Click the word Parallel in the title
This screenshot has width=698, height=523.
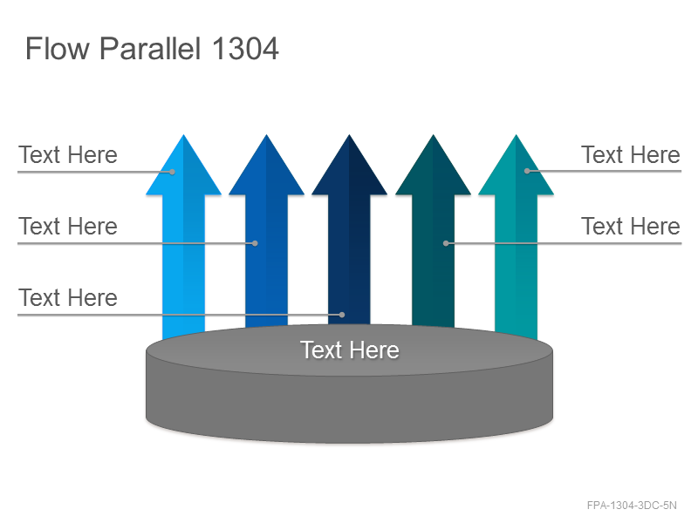click(x=149, y=49)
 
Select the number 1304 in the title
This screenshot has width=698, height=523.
click(x=245, y=49)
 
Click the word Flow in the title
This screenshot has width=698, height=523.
click(x=58, y=49)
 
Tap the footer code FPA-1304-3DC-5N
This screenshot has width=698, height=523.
click(x=632, y=506)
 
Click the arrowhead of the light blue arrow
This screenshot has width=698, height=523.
click(x=183, y=166)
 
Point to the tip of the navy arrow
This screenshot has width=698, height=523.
click(x=350, y=135)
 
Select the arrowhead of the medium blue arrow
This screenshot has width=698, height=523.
click(x=267, y=166)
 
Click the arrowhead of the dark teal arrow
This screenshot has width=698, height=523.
click(x=433, y=166)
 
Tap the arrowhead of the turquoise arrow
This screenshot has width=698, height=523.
click(x=516, y=166)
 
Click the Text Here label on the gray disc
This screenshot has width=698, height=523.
click(x=350, y=350)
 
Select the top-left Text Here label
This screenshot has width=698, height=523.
click(x=68, y=155)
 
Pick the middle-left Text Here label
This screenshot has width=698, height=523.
click(x=68, y=226)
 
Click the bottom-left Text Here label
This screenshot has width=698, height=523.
click(x=68, y=297)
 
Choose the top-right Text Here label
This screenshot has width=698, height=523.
click(x=630, y=155)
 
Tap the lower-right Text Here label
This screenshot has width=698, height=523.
click(x=630, y=226)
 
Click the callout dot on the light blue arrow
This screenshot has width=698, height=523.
click(x=172, y=172)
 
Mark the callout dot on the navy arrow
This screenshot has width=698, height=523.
click(x=342, y=315)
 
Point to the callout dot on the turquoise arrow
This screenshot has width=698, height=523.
click(x=527, y=171)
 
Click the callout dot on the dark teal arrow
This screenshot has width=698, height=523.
click(x=446, y=243)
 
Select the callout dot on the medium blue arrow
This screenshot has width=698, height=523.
click(x=255, y=243)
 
